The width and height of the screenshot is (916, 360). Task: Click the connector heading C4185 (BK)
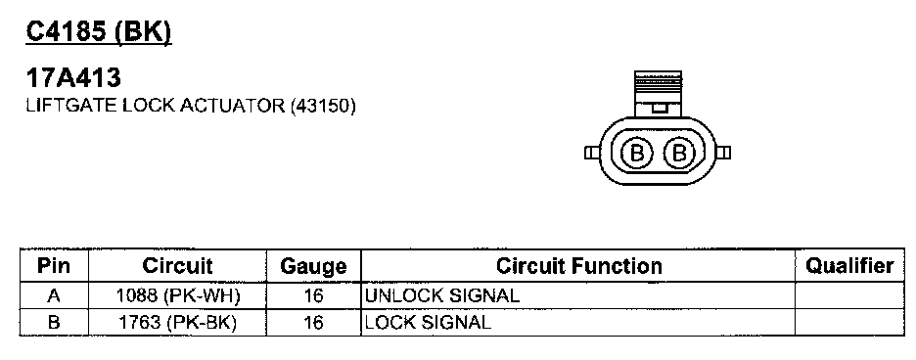99,32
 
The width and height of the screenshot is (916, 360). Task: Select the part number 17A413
73,77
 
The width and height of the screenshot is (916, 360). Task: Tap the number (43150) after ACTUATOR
323,106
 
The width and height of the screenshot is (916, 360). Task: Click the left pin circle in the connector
636,153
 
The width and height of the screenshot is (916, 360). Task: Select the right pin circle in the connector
678,153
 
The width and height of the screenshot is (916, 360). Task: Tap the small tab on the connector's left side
591,153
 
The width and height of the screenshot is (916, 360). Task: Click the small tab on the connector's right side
723,153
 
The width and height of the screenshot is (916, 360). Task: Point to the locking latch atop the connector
658,94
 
